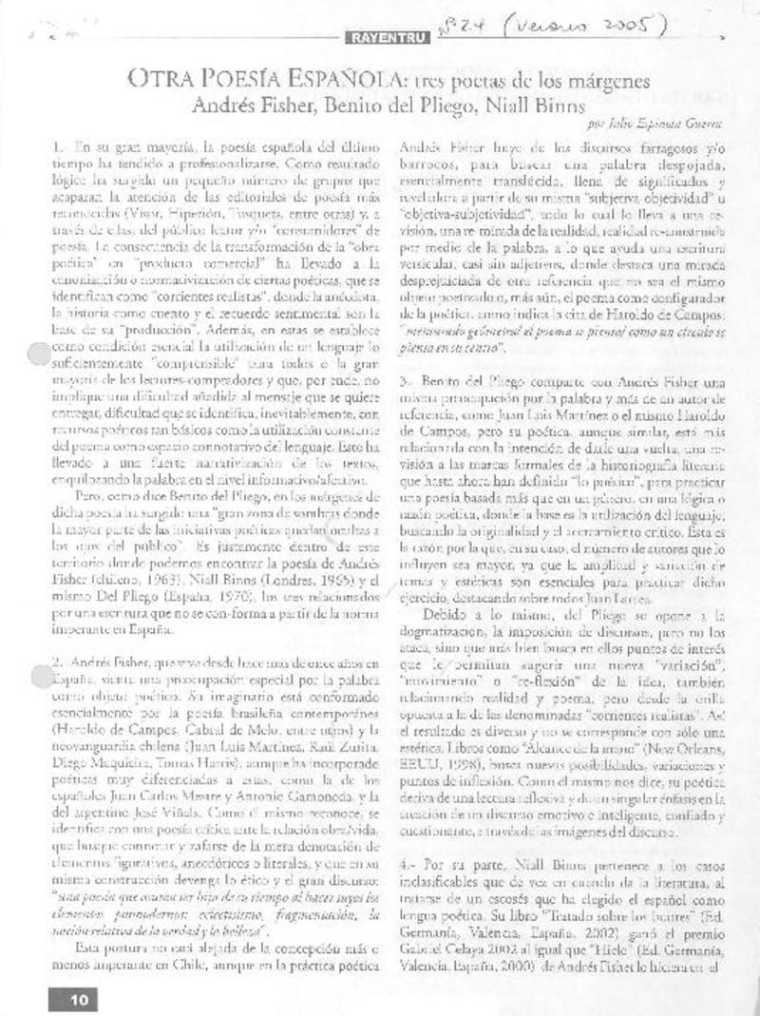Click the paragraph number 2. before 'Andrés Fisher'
[56, 635]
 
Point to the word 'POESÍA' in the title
[242, 82]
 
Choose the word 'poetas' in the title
[486, 82]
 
